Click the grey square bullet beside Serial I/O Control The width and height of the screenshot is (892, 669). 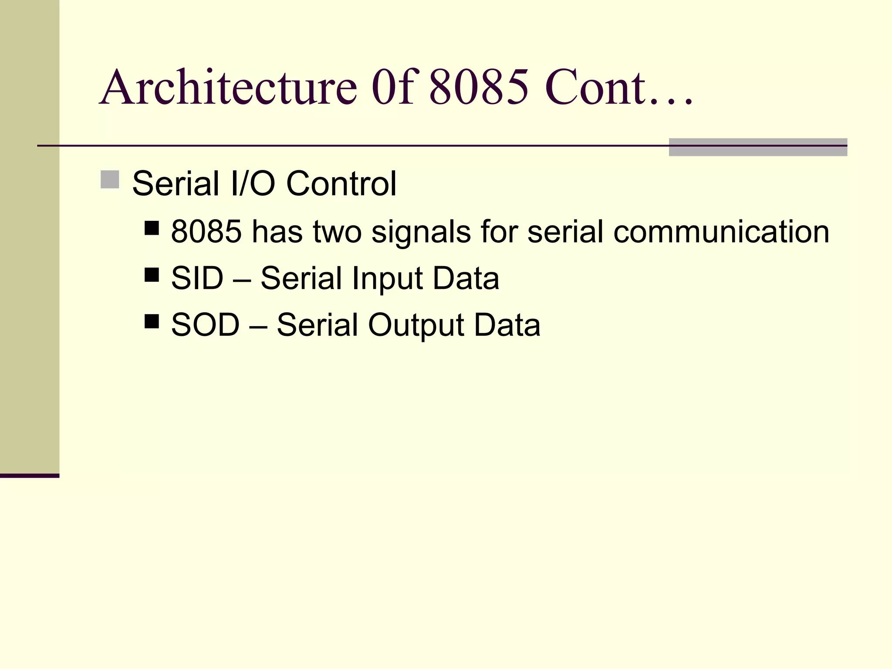coord(110,179)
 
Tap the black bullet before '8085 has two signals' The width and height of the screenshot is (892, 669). coord(152,228)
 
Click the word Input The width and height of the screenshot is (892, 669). coord(387,279)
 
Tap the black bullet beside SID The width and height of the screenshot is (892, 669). coord(152,275)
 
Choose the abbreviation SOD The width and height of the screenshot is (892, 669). coord(205,325)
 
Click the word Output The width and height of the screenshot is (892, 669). coord(416,326)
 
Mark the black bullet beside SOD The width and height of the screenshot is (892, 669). coord(152,322)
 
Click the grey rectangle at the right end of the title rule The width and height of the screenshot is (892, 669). coord(758,147)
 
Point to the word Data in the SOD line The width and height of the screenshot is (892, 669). coord(507,325)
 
